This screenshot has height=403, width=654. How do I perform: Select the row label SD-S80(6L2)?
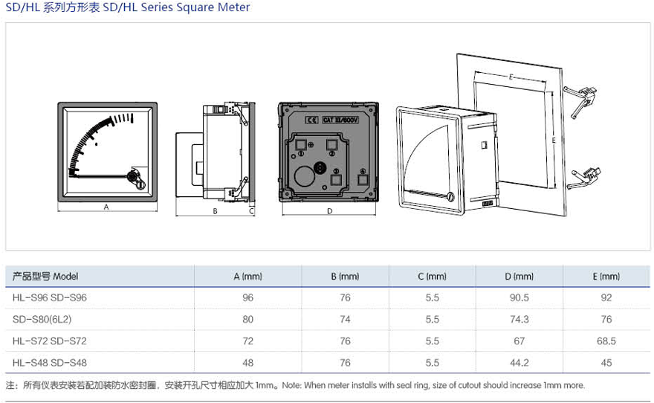pyautogui.click(x=42, y=319)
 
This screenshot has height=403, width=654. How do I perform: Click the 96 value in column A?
pyautogui.click(x=247, y=297)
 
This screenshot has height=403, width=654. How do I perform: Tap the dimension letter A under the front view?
pyautogui.click(x=106, y=207)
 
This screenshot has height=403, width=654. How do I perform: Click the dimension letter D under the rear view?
pyautogui.click(x=329, y=211)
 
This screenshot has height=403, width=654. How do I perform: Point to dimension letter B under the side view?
pyautogui.click(x=214, y=211)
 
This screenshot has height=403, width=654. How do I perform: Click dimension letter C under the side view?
pyautogui.click(x=251, y=211)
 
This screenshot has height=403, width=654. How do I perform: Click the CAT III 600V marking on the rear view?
pyautogui.click(x=340, y=119)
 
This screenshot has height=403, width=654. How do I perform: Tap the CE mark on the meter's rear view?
pyautogui.click(x=312, y=119)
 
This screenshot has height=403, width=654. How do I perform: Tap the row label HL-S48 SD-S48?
pyautogui.click(x=50, y=363)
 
